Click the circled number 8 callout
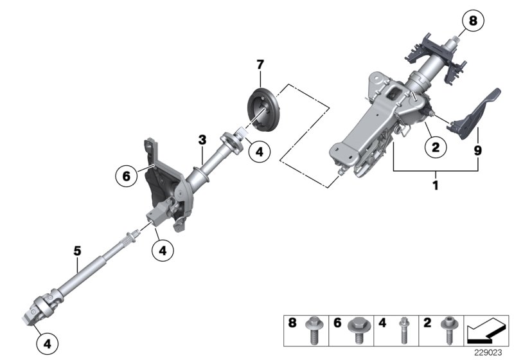click(x=472, y=22)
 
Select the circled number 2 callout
click(x=436, y=147)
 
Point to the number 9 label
click(x=478, y=152)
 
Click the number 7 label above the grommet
click(x=260, y=64)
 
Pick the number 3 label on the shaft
click(x=202, y=139)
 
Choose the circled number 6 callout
click(x=127, y=174)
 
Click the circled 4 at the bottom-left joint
click(x=47, y=344)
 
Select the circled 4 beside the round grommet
click(x=259, y=152)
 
